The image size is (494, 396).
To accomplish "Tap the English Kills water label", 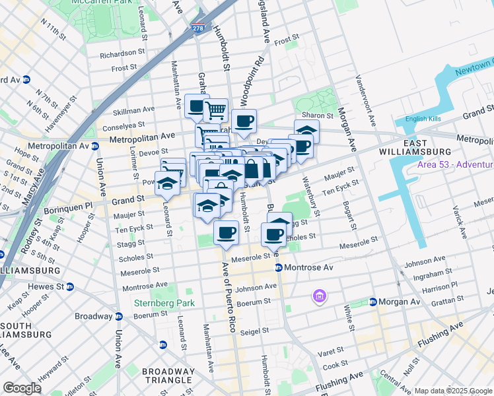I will [x=423, y=119].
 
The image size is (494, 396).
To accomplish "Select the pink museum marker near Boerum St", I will [x=320, y=296].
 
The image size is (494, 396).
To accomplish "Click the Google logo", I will [x=22, y=387].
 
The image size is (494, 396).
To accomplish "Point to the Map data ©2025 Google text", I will [x=452, y=391].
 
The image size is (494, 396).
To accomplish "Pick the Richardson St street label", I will [x=123, y=53].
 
